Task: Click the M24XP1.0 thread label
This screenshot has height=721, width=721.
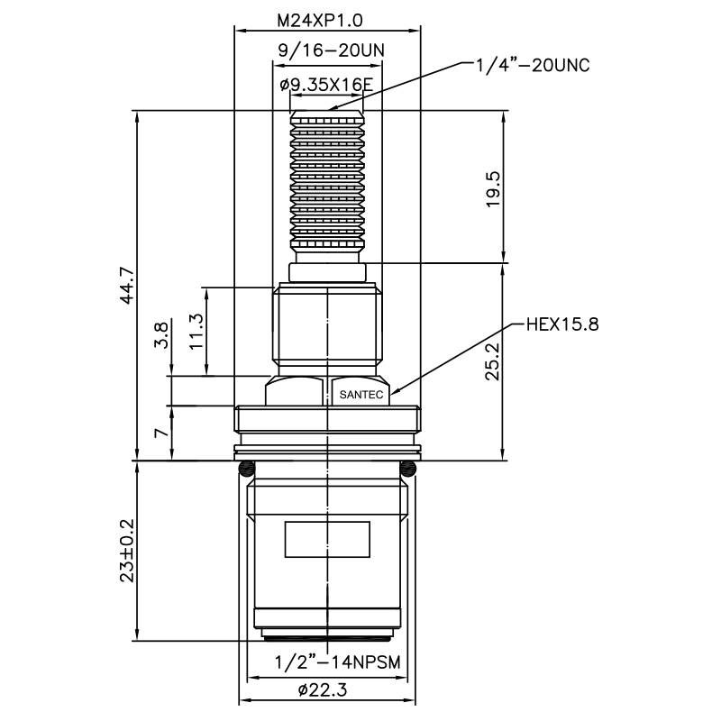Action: [x=327, y=18]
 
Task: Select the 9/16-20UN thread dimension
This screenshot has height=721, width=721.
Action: [x=326, y=50]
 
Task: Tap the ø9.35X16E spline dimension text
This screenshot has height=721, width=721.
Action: [x=326, y=85]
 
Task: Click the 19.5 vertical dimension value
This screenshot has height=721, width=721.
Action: [x=492, y=188]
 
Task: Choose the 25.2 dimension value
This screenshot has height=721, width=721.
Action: [x=492, y=361]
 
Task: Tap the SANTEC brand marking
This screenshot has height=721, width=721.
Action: [x=359, y=395]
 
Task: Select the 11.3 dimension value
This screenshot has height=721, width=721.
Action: [x=196, y=331]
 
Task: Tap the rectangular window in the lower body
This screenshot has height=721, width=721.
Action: [x=326, y=540]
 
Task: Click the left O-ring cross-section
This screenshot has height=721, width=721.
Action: [x=246, y=469]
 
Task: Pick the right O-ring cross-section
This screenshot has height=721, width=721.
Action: [x=408, y=469]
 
